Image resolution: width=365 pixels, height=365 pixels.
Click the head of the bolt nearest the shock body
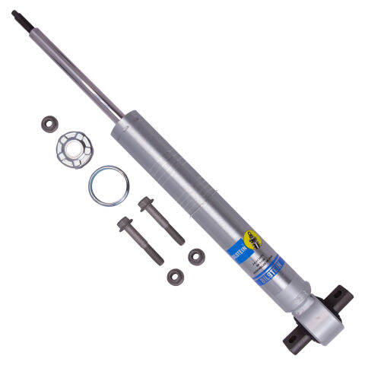[x=144, y=204]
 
